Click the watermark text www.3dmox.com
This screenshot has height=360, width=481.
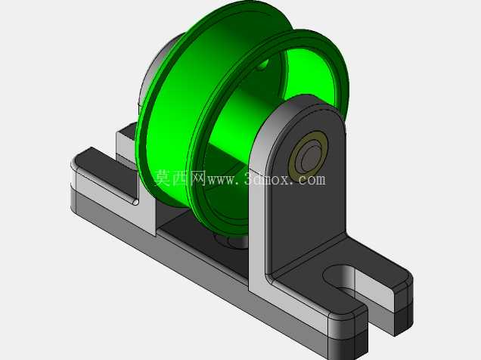[266, 179]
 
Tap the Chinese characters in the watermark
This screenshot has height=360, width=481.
[180, 178]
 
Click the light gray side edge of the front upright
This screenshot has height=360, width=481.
[257, 215]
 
